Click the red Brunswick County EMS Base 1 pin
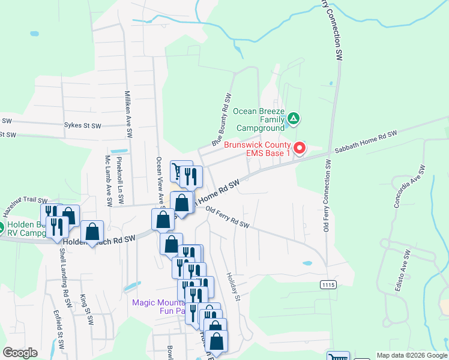click(x=299, y=148)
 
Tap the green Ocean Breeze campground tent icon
click(x=293, y=119)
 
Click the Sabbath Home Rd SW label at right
click(x=367, y=142)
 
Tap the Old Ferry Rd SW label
click(x=227, y=217)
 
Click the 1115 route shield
click(x=327, y=284)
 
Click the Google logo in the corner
click(x=20, y=353)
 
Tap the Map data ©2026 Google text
click(x=412, y=355)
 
